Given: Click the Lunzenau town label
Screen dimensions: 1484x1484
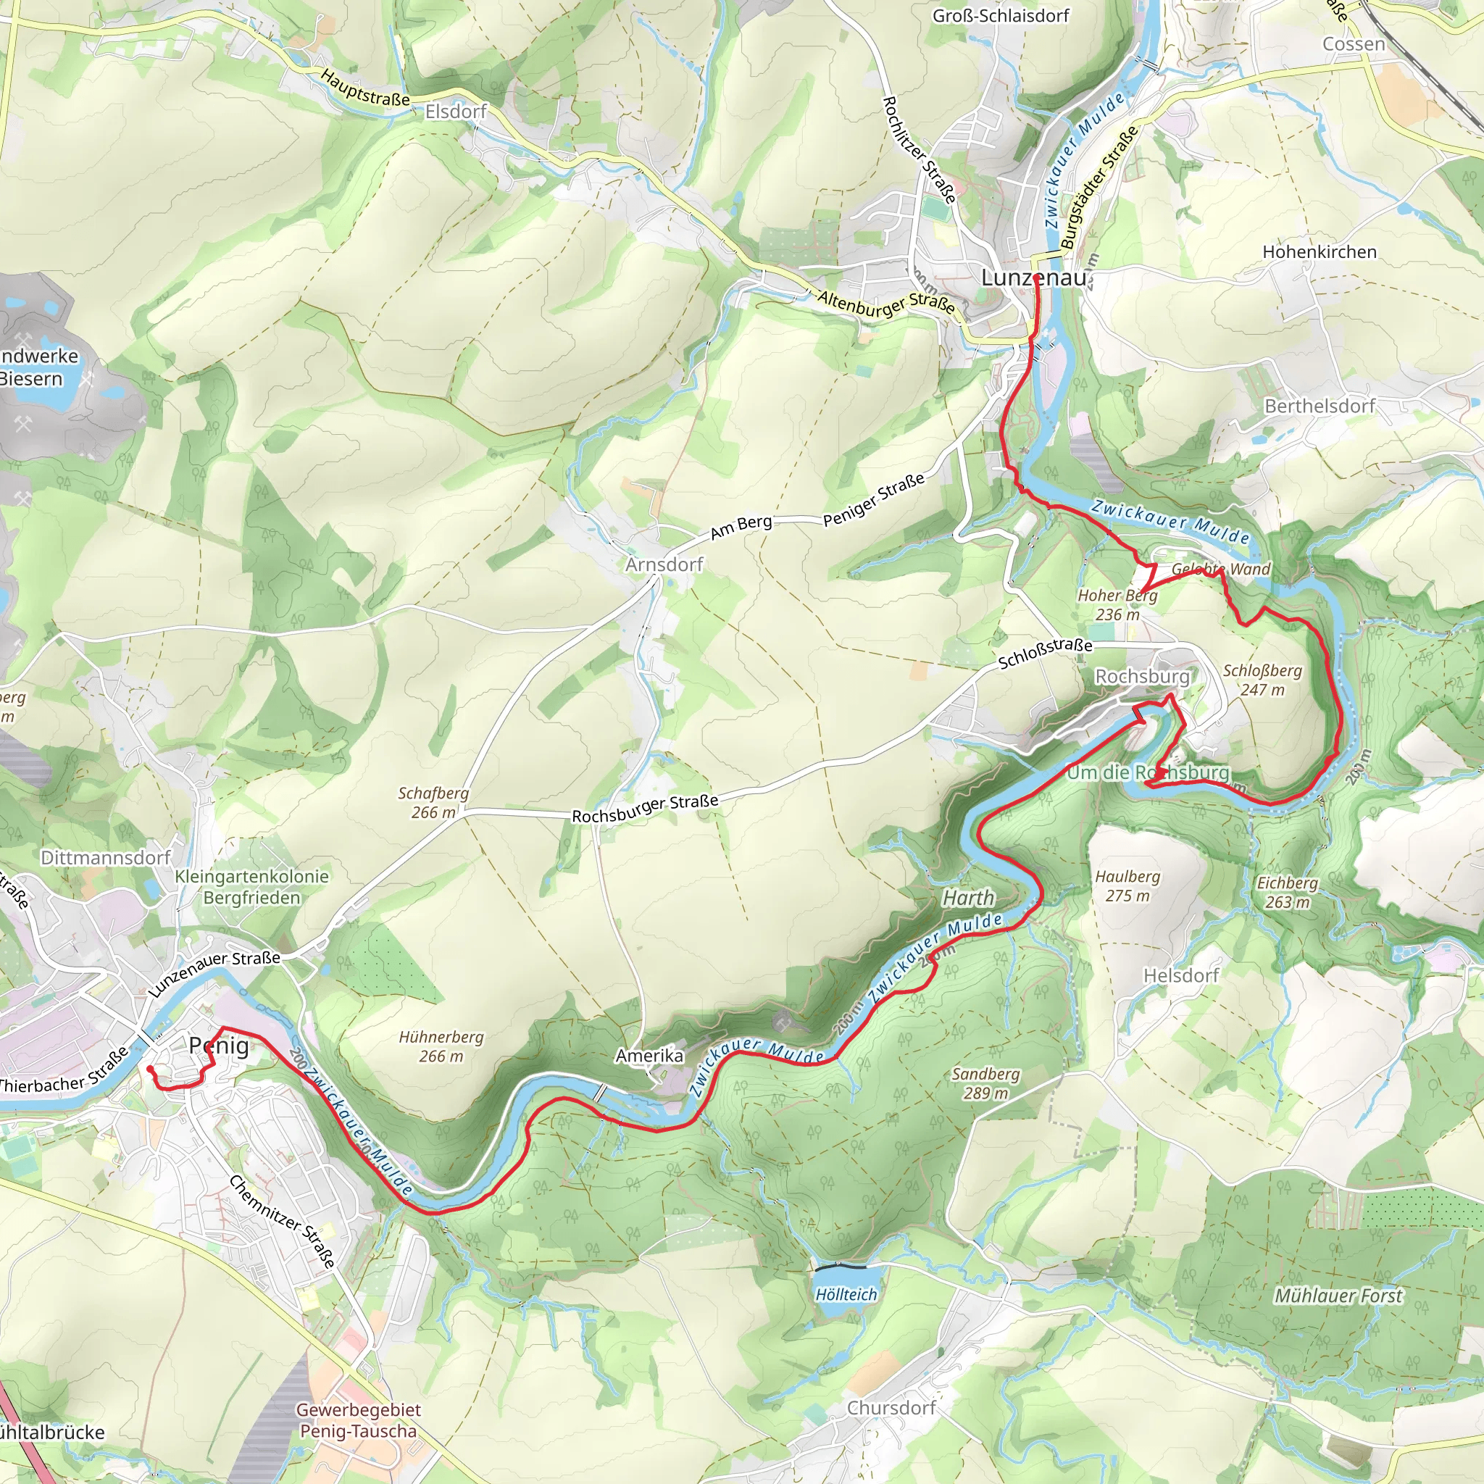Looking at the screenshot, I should pos(1033,278).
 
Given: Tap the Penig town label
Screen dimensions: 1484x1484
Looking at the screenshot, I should pos(219,1046).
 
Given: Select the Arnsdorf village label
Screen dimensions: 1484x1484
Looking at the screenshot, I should pos(664,564).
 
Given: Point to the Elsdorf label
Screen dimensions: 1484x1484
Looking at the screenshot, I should pos(457,112).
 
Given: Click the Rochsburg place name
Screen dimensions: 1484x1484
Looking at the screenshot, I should pos(1141,676).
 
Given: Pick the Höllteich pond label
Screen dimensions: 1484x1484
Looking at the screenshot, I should pos(846,1294).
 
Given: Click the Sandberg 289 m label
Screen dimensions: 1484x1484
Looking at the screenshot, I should pos(985,1083).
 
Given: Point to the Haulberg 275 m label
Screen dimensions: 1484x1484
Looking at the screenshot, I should pos(1127,885).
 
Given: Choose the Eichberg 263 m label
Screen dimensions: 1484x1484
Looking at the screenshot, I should pos(1287,893).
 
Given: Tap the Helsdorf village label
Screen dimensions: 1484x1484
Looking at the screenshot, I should pos(1180,975).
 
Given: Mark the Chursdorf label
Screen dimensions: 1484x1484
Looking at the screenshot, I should pos(891,1408).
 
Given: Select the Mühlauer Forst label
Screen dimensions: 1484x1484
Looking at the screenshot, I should pos(1338,1296).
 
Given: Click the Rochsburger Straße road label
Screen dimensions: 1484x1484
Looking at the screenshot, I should pos(644,808).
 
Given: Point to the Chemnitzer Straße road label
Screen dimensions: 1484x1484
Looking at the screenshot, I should pos(282,1221).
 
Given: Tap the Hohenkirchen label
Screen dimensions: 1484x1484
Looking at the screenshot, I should pos(1319,252).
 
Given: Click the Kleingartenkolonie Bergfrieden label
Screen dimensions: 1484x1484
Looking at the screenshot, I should pos(251,886).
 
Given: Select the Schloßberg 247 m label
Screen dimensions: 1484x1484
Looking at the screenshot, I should pos(1262,680).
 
